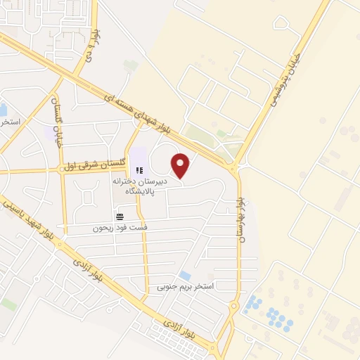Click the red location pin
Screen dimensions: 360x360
tap(181, 165)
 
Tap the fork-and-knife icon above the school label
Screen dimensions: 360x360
tap(139, 169)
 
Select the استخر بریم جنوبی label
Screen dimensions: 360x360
tap(184, 287)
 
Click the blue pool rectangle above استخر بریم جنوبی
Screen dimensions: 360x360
tap(185, 275)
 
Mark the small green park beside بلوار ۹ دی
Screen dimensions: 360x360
tap(130, 65)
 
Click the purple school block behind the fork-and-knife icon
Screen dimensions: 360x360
tap(137, 156)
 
